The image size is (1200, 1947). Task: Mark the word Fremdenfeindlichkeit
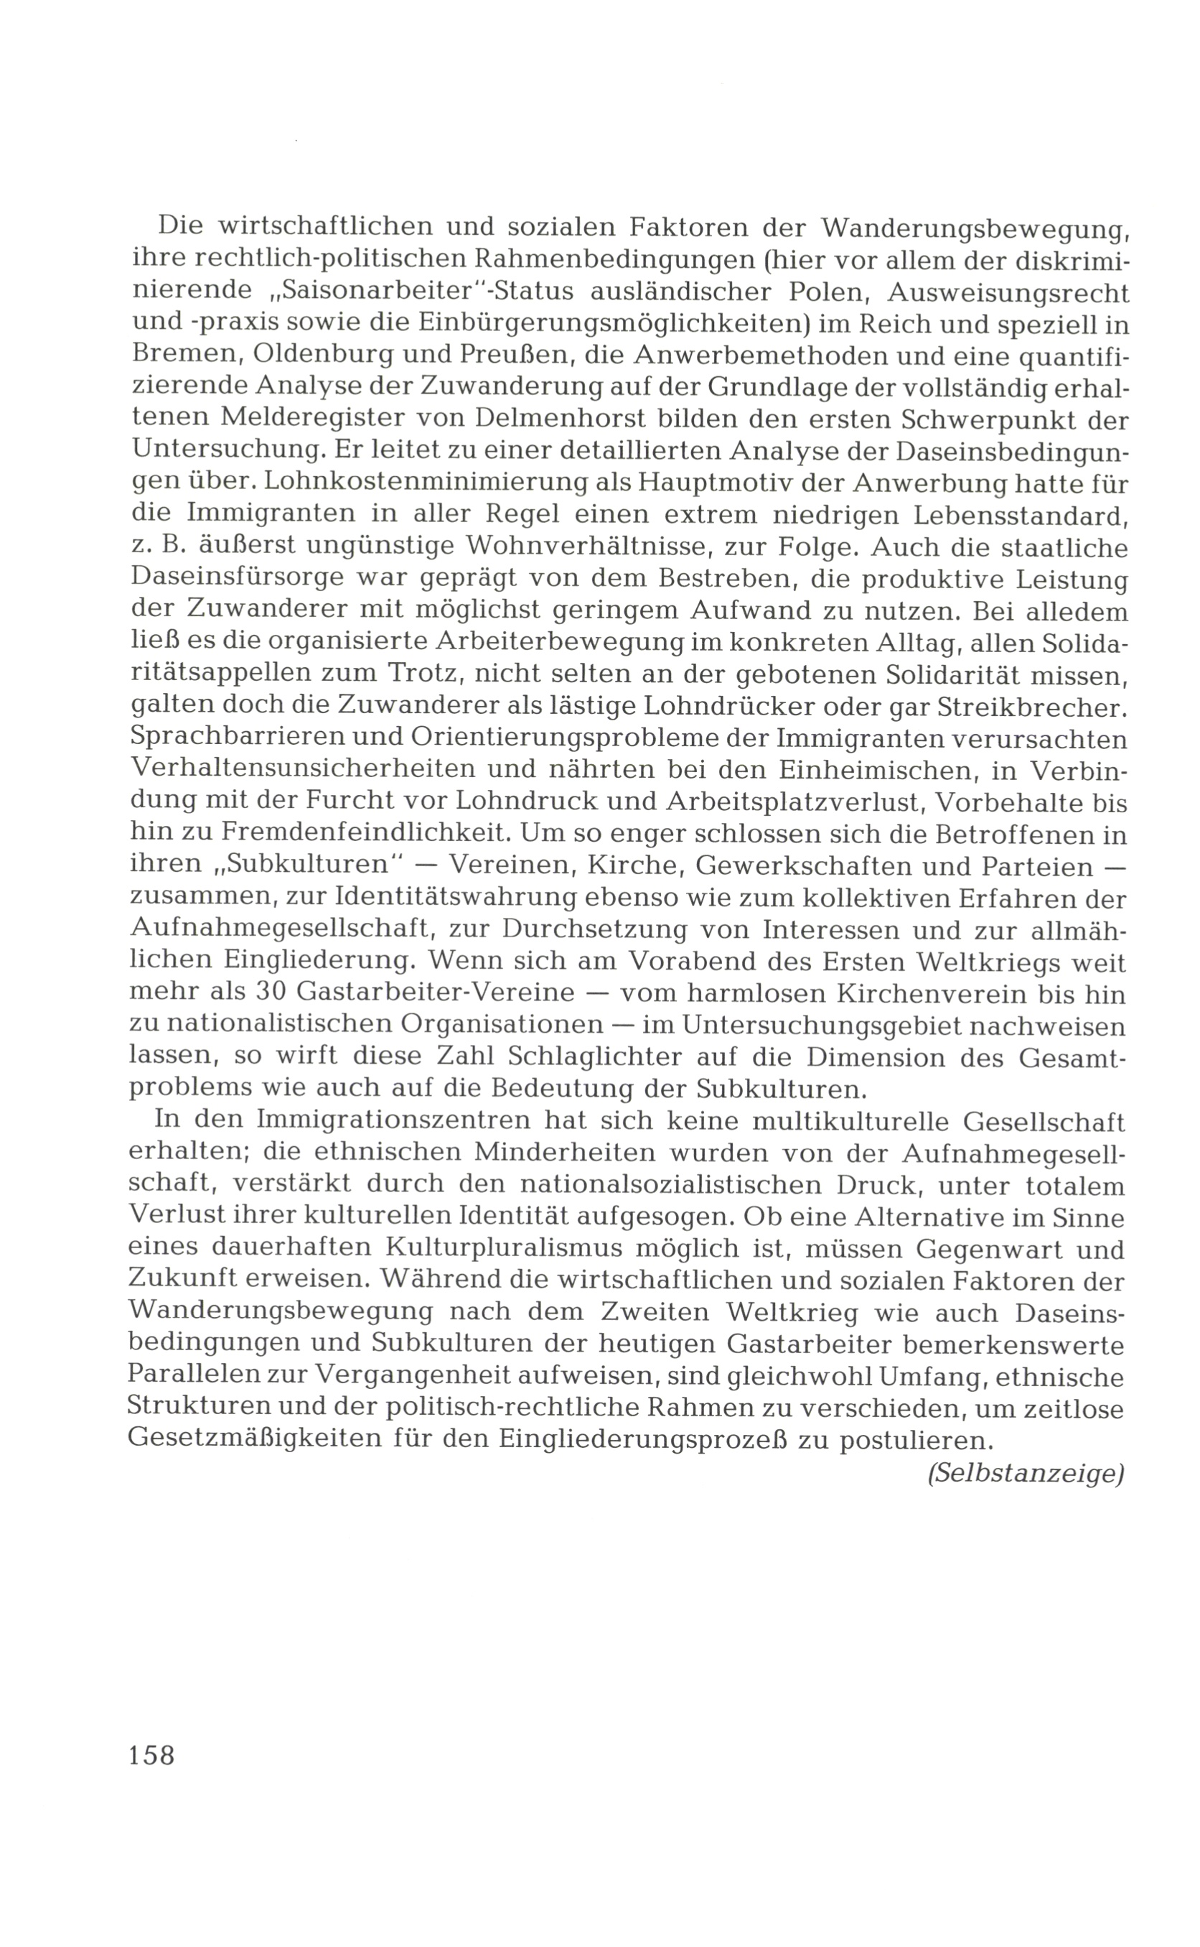[362, 834]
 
